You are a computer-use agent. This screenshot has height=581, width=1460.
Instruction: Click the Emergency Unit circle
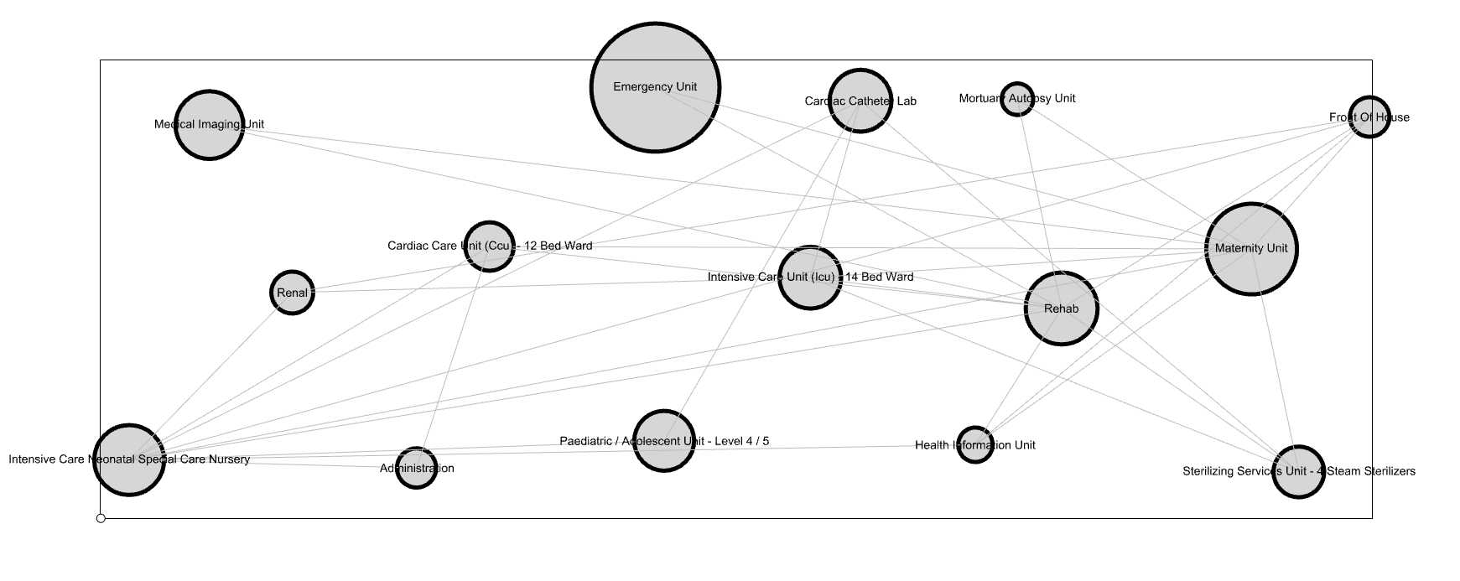(x=655, y=87)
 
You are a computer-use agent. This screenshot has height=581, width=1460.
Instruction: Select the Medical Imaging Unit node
(x=209, y=124)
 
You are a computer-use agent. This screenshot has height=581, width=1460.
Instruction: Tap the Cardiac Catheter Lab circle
(x=860, y=101)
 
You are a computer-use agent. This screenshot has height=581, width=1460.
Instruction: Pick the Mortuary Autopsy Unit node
(x=1016, y=99)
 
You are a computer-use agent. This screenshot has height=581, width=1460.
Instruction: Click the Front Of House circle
(x=1369, y=117)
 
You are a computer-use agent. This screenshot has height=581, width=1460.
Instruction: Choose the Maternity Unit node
(x=1251, y=249)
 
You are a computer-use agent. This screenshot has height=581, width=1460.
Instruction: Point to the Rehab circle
(x=1061, y=309)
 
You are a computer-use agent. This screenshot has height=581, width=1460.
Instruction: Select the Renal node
(x=292, y=293)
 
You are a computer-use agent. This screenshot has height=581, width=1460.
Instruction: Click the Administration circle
(x=416, y=468)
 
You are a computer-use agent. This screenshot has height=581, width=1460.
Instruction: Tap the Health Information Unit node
(x=974, y=444)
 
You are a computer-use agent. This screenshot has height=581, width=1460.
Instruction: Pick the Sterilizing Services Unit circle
(x=1298, y=471)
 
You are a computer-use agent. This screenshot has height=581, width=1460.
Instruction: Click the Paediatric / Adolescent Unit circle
(x=663, y=441)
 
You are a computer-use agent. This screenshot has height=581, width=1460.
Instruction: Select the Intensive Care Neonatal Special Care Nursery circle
(x=128, y=459)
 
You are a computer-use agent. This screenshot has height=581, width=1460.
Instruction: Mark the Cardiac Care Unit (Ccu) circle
(x=488, y=246)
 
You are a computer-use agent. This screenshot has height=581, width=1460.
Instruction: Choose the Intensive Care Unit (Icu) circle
(x=809, y=278)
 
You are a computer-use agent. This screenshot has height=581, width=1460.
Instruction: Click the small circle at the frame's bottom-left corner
(x=101, y=518)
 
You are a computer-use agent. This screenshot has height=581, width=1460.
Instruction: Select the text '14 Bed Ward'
(x=880, y=277)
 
